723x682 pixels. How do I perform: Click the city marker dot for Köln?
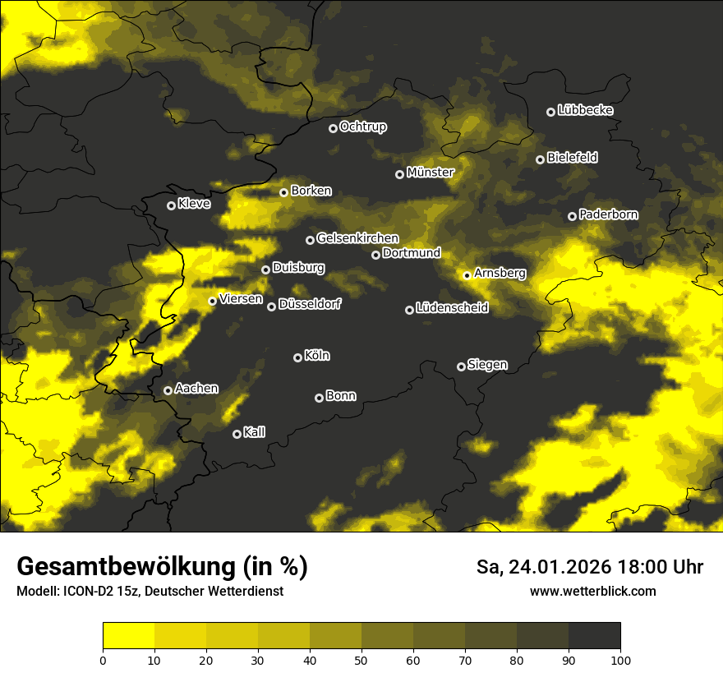pos(297,357)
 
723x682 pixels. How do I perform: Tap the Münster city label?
pos(430,173)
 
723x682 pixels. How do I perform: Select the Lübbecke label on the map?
pos(585,110)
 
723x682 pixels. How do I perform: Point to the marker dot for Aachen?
pos(168,390)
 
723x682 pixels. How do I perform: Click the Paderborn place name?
pos(608,214)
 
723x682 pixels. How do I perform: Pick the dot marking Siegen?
pos(461,366)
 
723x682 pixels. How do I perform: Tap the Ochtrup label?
pos(362,127)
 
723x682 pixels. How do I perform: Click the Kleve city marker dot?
pos(171,205)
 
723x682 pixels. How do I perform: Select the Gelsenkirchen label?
pos(357,238)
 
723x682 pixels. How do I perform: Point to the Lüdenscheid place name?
pos(452,308)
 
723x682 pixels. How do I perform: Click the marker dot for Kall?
pos(237,434)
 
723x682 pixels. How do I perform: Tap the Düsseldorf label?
pos(309,304)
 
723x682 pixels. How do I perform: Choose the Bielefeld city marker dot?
pos(540,159)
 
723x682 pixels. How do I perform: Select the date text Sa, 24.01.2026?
pos(542,567)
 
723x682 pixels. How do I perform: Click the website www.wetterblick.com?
pos(592,591)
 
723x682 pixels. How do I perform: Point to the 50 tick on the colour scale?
pos(361,660)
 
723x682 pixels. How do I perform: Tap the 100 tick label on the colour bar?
pos(620,660)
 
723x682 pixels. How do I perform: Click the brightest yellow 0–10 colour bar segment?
pos(128,636)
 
